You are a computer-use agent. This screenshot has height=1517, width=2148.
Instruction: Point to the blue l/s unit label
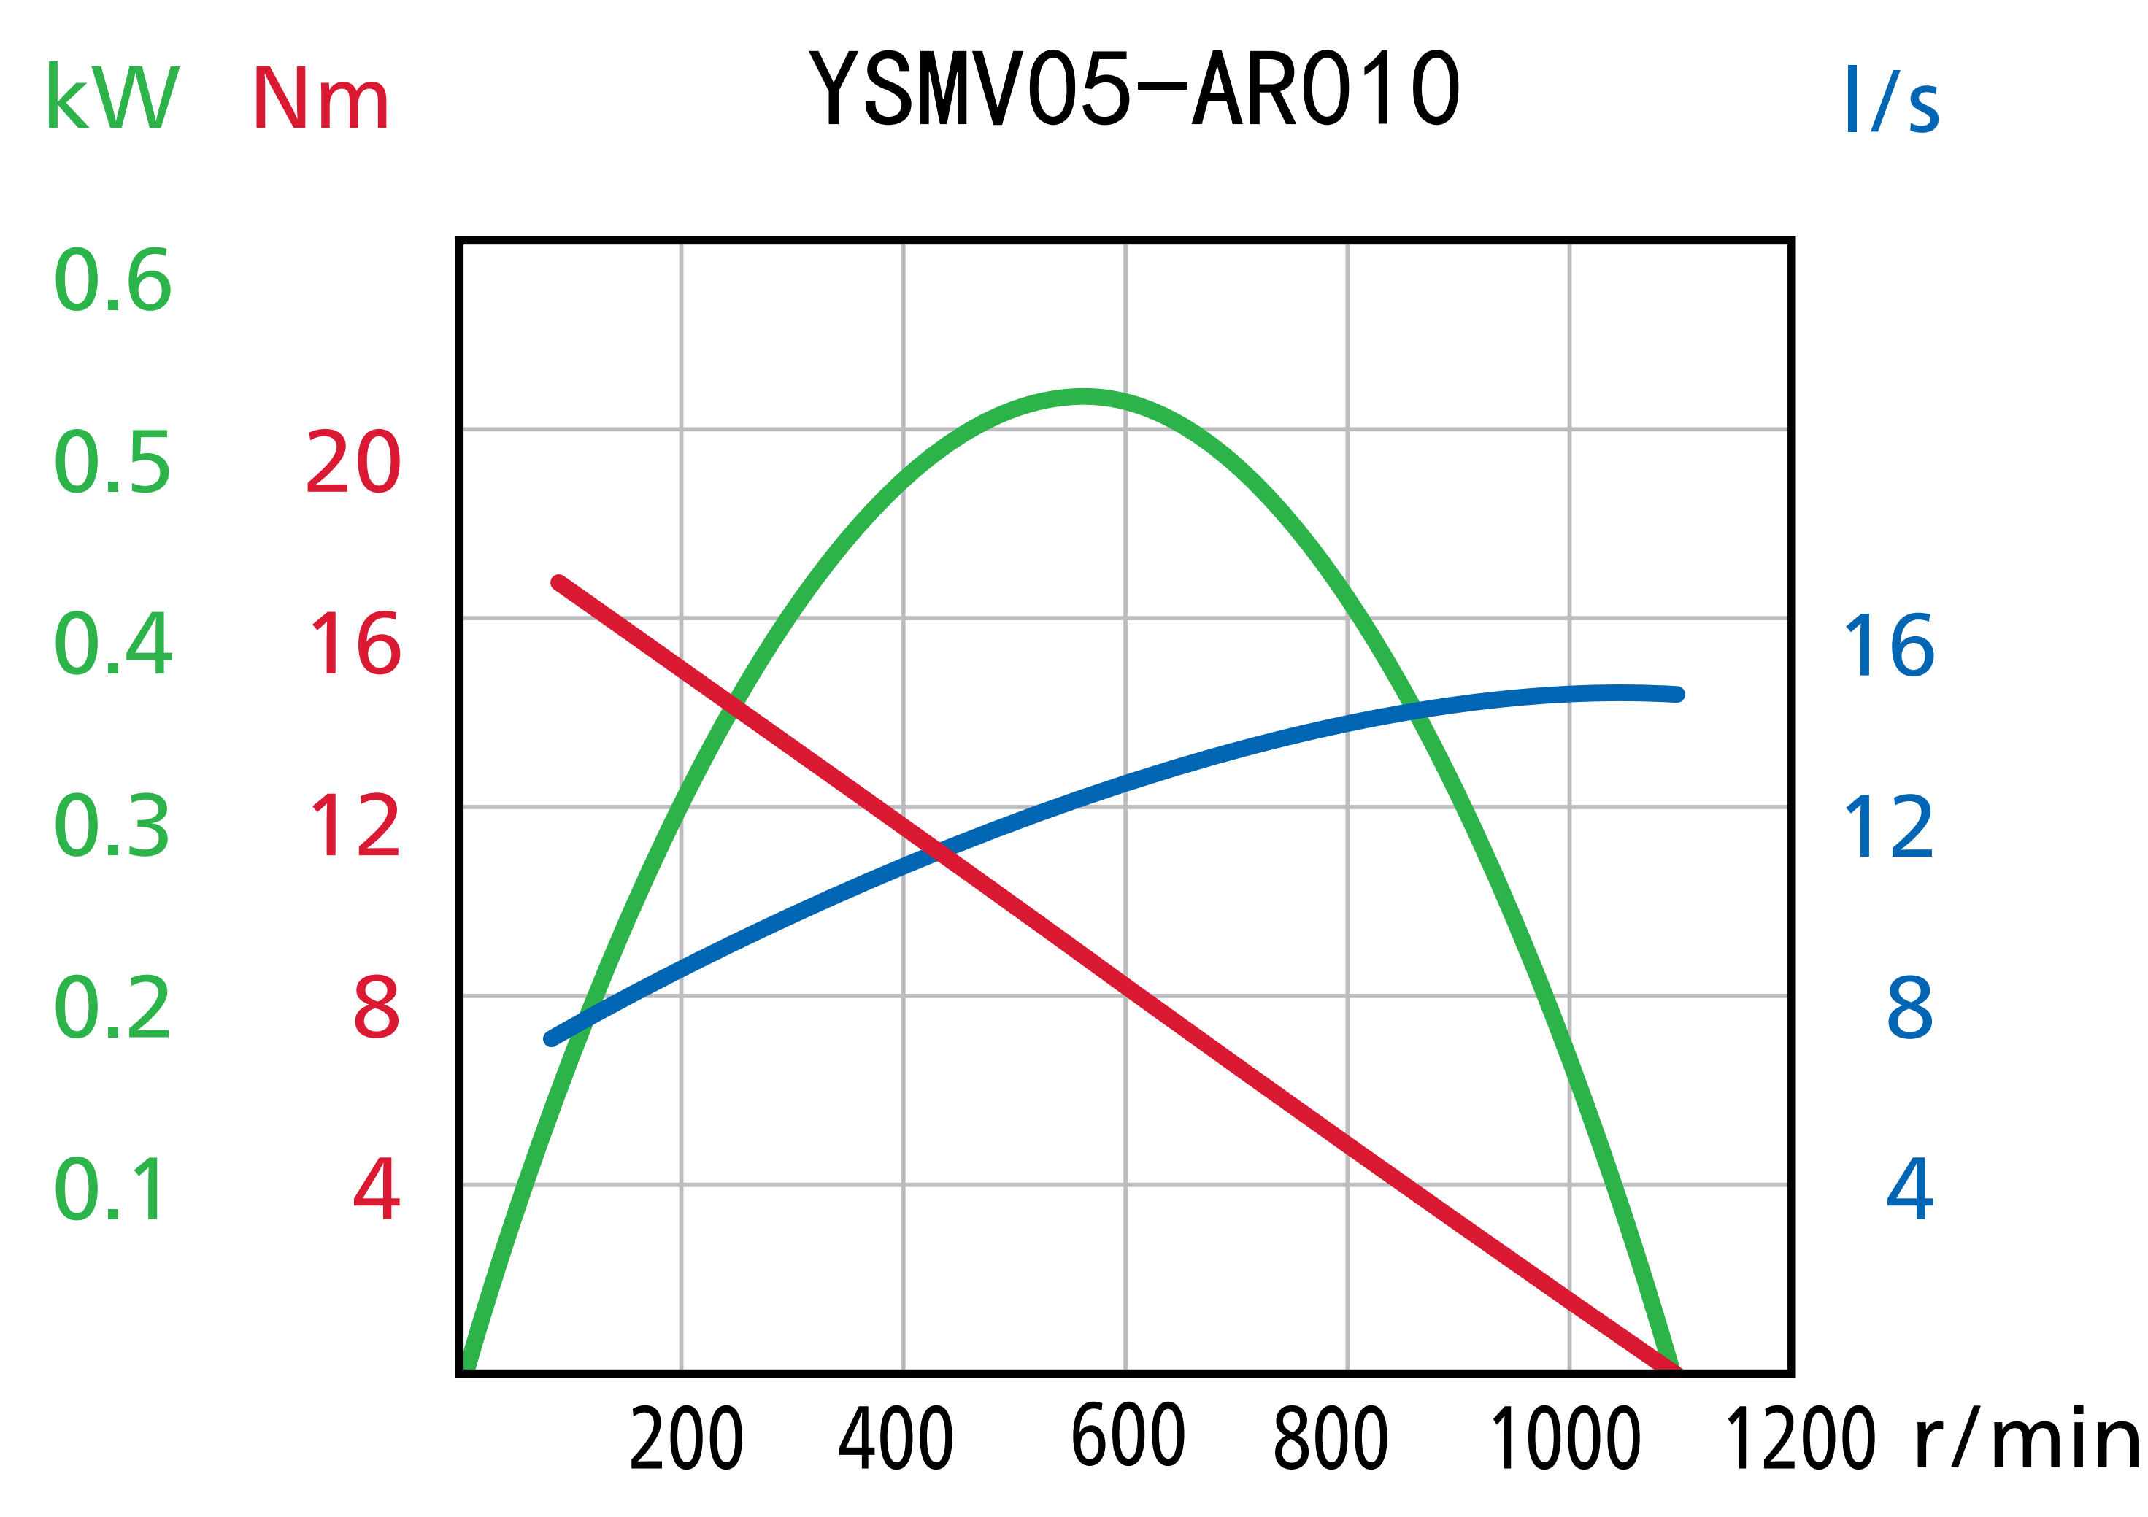(x=1893, y=99)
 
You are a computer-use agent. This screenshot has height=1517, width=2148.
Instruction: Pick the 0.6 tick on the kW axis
(x=113, y=281)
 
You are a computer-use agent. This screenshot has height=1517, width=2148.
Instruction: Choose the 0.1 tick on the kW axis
(x=109, y=1189)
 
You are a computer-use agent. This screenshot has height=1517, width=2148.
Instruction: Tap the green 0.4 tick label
(x=113, y=644)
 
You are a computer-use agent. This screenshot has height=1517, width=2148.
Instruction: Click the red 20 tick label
(x=354, y=462)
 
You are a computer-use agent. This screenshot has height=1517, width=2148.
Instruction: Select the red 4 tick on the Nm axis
(x=377, y=1189)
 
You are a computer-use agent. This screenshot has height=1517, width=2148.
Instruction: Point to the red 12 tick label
(x=355, y=826)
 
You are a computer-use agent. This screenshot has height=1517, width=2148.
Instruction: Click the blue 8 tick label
(x=1909, y=1008)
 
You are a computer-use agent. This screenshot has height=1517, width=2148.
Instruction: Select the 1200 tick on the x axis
(x=1800, y=1440)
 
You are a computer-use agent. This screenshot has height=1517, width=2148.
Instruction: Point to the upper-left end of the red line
(x=558, y=583)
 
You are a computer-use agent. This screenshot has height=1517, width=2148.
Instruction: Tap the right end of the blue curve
(x=1679, y=695)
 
